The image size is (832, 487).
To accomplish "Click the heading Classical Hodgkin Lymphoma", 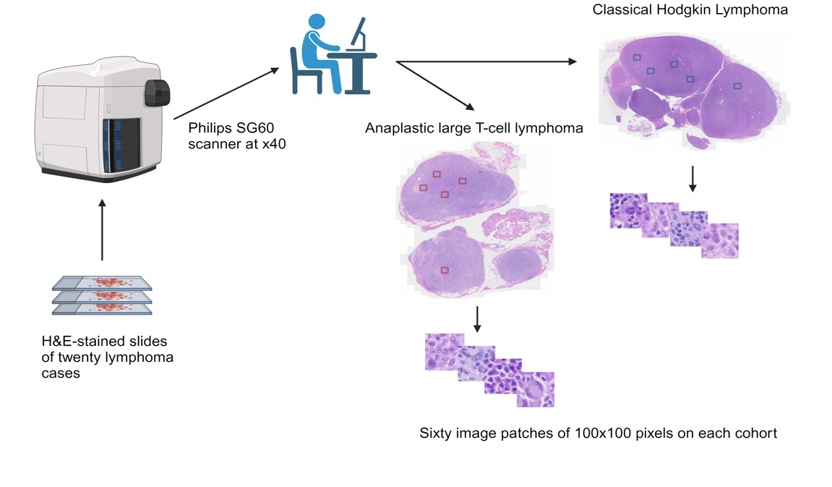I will click(x=690, y=10).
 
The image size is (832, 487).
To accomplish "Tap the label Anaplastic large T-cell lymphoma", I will click(x=474, y=129).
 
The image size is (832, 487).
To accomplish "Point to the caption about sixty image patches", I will click(x=598, y=434).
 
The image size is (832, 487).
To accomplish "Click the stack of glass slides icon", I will click(x=102, y=295).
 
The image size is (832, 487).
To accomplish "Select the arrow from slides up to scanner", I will click(x=102, y=232).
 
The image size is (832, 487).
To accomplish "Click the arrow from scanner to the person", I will click(x=226, y=93).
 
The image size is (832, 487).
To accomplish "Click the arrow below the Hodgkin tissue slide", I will click(x=692, y=178).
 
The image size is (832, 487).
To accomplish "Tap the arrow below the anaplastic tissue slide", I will click(x=476, y=319).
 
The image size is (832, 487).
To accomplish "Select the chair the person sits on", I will click(x=306, y=72).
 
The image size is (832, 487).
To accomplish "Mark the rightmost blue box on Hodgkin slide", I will click(x=737, y=86).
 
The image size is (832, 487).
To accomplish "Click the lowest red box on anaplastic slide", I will click(x=445, y=271).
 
